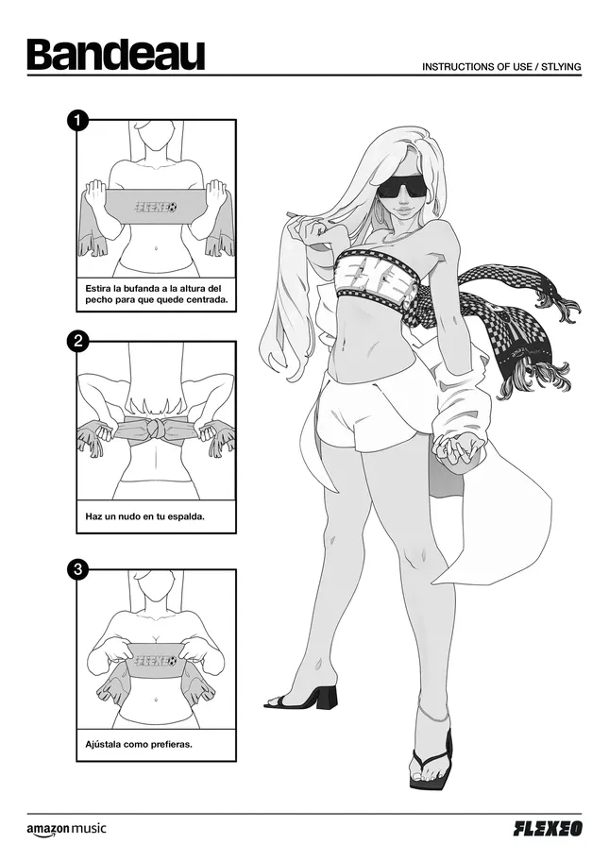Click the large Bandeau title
(x=116, y=54)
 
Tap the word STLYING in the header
(x=561, y=67)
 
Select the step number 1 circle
(x=78, y=120)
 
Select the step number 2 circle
(x=78, y=342)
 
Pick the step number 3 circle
(x=78, y=569)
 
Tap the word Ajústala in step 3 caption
(x=103, y=745)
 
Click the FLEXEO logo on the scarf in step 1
(x=157, y=208)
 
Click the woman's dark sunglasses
(x=402, y=188)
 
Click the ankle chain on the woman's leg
(x=431, y=714)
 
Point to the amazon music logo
(x=66, y=830)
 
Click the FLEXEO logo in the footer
(x=548, y=829)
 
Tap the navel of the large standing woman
(x=344, y=346)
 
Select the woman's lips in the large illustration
(x=403, y=210)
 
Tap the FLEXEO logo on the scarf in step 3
(x=158, y=659)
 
